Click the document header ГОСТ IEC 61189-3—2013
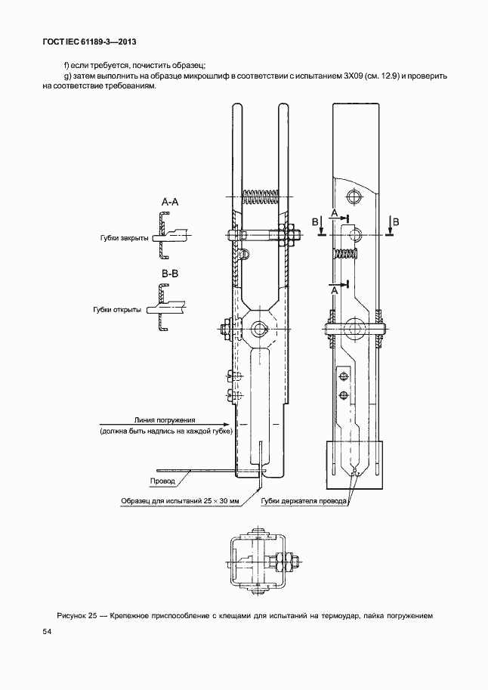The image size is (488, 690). [x=88, y=42]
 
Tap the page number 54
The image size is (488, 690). [x=47, y=632]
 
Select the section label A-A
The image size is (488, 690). [x=170, y=203]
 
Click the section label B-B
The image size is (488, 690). [x=170, y=274]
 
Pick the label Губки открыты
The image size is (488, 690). [x=118, y=310]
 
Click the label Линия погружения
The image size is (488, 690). [x=165, y=420]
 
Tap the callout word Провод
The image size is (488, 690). [x=162, y=481]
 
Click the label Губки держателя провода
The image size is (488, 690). [x=304, y=501]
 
